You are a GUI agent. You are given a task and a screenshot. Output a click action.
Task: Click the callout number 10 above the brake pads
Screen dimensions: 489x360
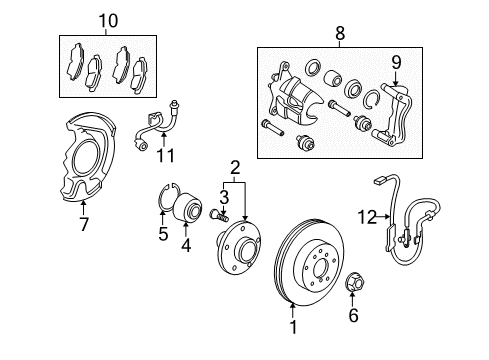pos(108,21)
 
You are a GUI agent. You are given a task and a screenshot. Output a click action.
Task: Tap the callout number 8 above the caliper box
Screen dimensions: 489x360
pos(340,33)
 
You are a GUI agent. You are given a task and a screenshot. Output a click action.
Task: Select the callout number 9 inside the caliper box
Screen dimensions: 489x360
pos(396,63)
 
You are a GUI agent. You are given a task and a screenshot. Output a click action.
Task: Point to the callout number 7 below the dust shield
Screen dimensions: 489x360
pos(84,224)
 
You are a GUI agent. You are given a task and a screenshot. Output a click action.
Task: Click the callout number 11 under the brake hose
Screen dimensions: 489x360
pos(166,155)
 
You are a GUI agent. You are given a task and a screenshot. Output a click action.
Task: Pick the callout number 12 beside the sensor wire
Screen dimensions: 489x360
pos(367,217)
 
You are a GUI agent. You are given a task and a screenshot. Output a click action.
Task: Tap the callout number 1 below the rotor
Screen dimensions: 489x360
pos(293,327)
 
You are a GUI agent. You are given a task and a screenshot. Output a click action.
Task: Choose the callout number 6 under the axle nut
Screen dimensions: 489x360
pos(353,315)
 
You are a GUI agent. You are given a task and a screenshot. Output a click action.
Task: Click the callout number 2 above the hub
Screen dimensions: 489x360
pos(235,168)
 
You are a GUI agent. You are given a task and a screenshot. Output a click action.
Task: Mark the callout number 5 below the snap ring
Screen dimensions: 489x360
pos(163,234)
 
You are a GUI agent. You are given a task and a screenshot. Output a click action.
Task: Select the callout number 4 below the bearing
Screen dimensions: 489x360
pos(186,245)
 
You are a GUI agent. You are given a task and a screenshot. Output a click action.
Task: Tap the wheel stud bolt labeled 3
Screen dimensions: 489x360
pos(219,215)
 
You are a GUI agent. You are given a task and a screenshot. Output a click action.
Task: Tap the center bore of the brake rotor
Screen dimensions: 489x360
pos(319,267)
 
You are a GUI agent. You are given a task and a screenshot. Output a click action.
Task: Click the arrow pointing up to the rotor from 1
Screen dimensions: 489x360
pos(293,310)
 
